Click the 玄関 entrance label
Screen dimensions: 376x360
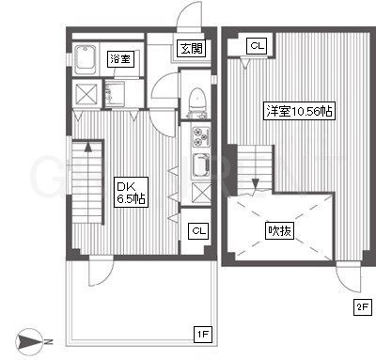[x=192, y=49]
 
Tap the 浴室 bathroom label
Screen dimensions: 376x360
[x=120, y=58]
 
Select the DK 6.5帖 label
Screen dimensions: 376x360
[x=131, y=192]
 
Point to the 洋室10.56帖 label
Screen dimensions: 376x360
[x=299, y=111]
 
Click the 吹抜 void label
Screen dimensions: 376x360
[x=279, y=231]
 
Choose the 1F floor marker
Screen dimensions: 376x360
[x=203, y=335]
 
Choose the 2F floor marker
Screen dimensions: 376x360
[x=363, y=307]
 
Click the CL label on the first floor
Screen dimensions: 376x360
[x=199, y=231]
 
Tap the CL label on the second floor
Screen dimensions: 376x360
[x=258, y=46]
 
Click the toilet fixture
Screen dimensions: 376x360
[x=197, y=102]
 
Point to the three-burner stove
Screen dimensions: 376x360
[x=201, y=136]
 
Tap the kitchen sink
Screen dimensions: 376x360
[x=201, y=165]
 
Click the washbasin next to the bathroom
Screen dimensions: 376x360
[x=115, y=94]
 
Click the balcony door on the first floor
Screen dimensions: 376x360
[x=101, y=271]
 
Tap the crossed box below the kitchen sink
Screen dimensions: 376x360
[x=201, y=192]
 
